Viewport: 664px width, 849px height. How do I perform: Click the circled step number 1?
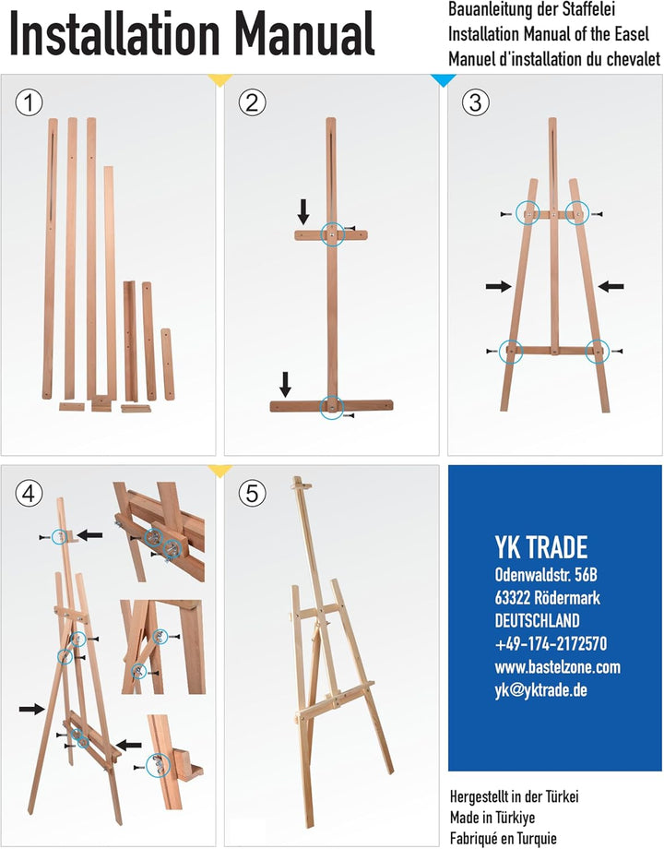[x=29, y=102]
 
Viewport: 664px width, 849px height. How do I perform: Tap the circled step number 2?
[x=252, y=102]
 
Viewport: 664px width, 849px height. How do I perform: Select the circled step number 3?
[x=476, y=102]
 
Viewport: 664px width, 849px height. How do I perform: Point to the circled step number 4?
[x=29, y=494]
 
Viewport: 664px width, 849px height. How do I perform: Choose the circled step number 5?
[x=252, y=494]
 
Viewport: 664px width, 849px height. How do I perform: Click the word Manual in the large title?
[x=304, y=33]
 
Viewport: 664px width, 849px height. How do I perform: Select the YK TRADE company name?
[x=540, y=547]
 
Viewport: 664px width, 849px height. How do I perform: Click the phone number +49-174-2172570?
[x=551, y=644]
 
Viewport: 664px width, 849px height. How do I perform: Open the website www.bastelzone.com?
[x=557, y=666]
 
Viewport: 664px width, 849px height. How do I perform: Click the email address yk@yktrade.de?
[x=540, y=690]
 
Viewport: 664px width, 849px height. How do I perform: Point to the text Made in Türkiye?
[x=492, y=817]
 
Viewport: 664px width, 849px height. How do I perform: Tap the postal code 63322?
[x=512, y=598]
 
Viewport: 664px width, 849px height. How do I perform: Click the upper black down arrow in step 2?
[x=303, y=211]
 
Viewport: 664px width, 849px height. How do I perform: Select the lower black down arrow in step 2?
[x=285, y=385]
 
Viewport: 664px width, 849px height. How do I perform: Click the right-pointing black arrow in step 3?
[x=498, y=286]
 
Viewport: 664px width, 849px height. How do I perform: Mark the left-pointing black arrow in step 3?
[x=611, y=286]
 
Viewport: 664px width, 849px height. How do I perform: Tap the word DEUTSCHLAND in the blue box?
[x=537, y=620]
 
